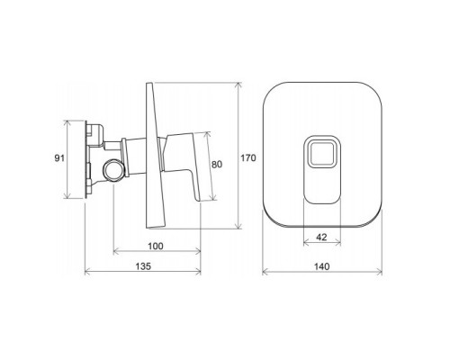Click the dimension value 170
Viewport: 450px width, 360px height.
(x=249, y=157)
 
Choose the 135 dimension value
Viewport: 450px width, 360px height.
(x=143, y=268)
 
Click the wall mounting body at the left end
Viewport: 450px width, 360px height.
(x=90, y=158)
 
